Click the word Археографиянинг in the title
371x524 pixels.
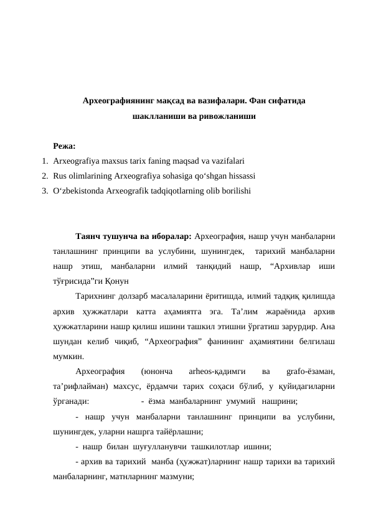(x=119, y=100)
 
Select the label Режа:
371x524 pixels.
(x=64, y=146)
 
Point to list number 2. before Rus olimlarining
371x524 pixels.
(x=45, y=175)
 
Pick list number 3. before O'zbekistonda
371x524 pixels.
(x=45, y=190)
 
